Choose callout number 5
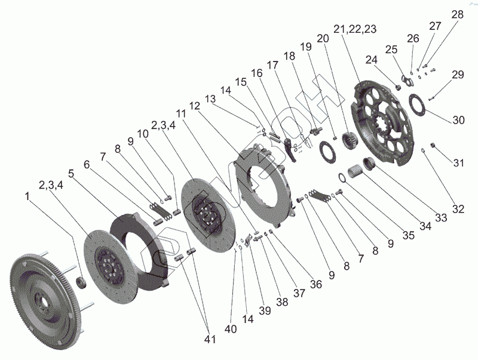point(70,175)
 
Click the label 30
point(458,120)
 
